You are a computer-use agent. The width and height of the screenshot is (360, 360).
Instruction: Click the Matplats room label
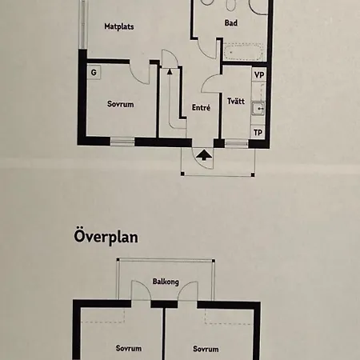(119, 26)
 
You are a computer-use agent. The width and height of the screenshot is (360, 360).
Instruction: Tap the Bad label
(231, 23)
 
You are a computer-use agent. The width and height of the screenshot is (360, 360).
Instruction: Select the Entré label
(201, 107)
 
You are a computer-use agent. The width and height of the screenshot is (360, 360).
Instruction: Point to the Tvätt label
(236, 101)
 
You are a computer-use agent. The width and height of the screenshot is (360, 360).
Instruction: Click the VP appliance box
(259, 74)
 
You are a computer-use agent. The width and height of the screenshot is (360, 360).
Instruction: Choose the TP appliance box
(258, 132)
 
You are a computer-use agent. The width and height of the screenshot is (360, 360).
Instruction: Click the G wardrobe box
(94, 72)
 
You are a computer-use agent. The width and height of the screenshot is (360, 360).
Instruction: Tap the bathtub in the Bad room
(244, 52)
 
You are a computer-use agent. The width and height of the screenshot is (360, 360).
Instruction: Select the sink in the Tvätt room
(258, 108)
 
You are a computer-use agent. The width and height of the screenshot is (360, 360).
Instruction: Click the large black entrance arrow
(204, 154)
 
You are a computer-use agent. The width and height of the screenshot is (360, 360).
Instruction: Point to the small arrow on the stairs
(170, 71)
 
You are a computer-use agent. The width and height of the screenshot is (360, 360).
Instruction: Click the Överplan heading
(106, 237)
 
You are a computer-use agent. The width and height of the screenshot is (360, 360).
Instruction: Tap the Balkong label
(166, 282)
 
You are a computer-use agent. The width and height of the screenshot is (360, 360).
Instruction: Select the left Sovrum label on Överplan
(129, 348)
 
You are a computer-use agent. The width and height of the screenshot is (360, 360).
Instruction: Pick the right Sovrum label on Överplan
(206, 349)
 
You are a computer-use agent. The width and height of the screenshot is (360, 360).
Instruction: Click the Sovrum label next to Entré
(120, 104)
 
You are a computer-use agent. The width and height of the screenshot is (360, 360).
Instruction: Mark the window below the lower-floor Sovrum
(122, 142)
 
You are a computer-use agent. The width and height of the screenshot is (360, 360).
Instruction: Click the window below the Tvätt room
(237, 143)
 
